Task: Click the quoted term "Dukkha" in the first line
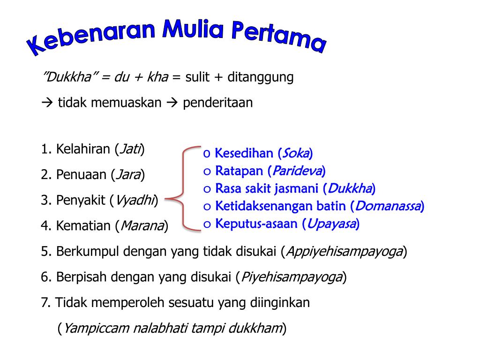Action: tap(67, 77)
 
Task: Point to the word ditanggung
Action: tap(261, 77)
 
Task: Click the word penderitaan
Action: tap(217, 103)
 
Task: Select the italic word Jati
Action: tap(130, 150)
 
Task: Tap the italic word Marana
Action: tap(142, 226)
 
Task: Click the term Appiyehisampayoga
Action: tap(344, 252)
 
